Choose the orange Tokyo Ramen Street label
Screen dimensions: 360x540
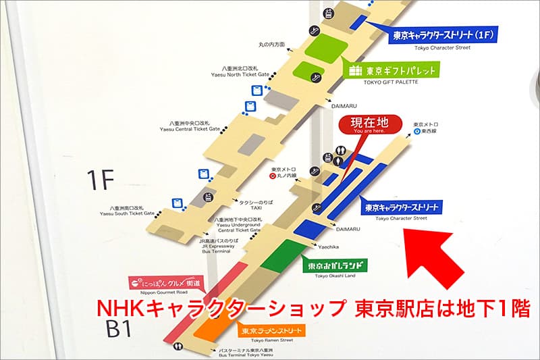tap(270, 330)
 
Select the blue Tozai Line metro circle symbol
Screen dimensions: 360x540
tap(418, 132)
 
